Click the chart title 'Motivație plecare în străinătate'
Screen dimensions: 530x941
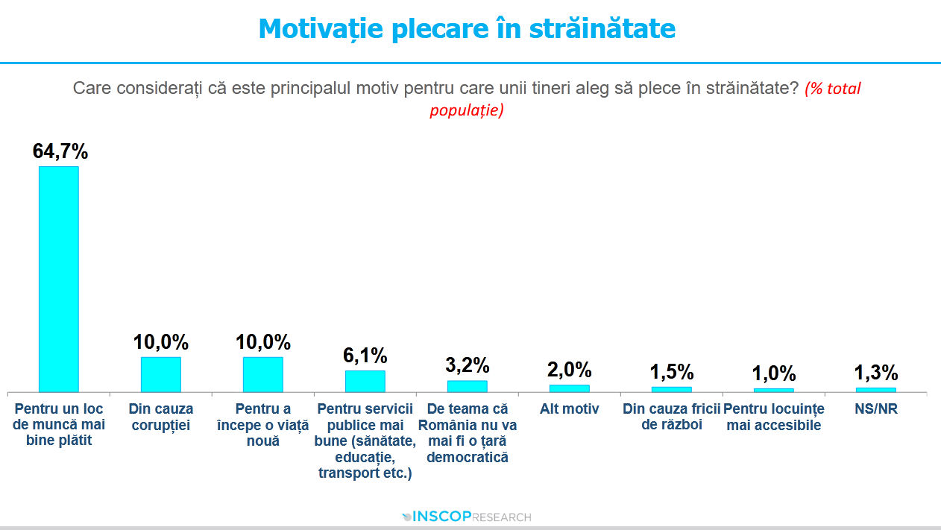pos(467,29)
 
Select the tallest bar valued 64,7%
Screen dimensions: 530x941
pos(58,279)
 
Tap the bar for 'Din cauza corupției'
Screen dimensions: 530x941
pos(160,374)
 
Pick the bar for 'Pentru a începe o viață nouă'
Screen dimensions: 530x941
pos(262,374)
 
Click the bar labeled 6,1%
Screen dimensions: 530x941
pos(365,381)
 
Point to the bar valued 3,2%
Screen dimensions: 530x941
pos(467,386)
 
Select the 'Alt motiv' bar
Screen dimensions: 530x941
pos(569,388)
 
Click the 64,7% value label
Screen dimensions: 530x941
pos(60,151)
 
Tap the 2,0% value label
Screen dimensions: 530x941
pos(570,370)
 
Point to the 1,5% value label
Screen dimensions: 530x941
pos(672,372)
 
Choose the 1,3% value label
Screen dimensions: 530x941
pos(876,373)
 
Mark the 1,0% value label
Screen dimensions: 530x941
pos(774,373)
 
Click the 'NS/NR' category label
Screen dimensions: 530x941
pos(876,409)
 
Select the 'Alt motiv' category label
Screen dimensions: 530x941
pos(570,409)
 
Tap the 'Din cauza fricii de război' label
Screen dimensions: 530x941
pos(672,417)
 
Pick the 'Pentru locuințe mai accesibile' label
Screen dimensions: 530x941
pos(774,417)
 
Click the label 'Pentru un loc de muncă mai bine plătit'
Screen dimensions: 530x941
pos(59,425)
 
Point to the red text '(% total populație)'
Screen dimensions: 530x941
pos(467,110)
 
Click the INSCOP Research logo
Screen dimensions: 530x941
pos(467,517)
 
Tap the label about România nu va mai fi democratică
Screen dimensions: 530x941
pos(468,433)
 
